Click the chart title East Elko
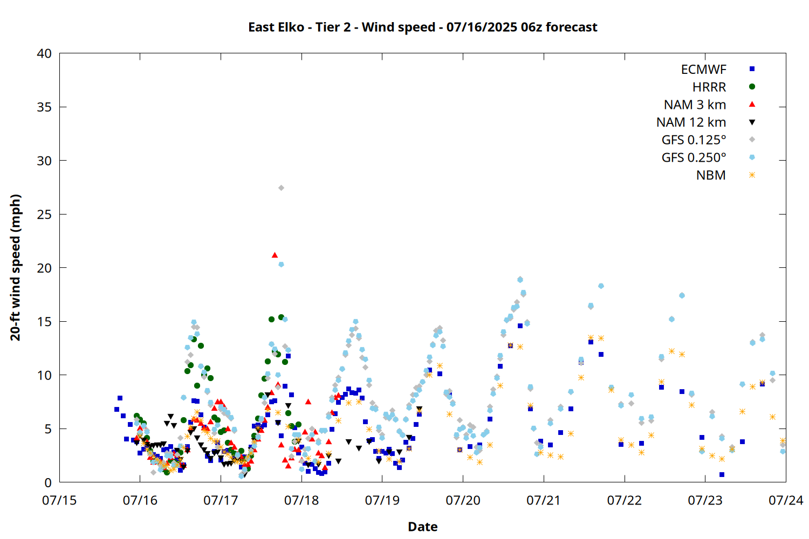(x=276, y=27)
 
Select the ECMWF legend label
(x=703, y=70)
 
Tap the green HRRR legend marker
(x=752, y=87)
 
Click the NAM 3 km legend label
(x=695, y=105)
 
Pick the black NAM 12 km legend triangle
(x=752, y=122)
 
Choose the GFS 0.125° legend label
(x=694, y=140)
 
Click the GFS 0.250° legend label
(x=694, y=157)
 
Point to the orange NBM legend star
(x=752, y=175)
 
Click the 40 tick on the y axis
(x=44, y=53)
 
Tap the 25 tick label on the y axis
(x=44, y=215)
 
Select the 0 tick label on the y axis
(x=48, y=483)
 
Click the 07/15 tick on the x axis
(x=59, y=500)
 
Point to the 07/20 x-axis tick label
(x=463, y=500)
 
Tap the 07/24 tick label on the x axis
(x=786, y=500)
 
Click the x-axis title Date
(x=422, y=527)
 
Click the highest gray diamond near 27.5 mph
(x=281, y=188)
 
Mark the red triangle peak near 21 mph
(x=275, y=255)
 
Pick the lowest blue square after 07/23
(x=722, y=474)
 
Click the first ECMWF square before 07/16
(x=116, y=410)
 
